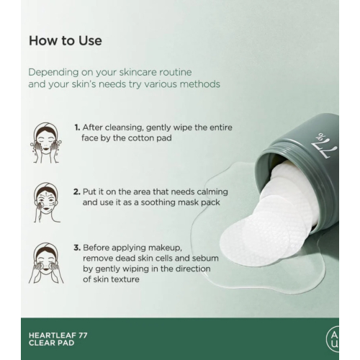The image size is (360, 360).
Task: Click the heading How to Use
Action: [65, 41]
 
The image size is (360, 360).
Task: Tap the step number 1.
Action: [77, 127]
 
